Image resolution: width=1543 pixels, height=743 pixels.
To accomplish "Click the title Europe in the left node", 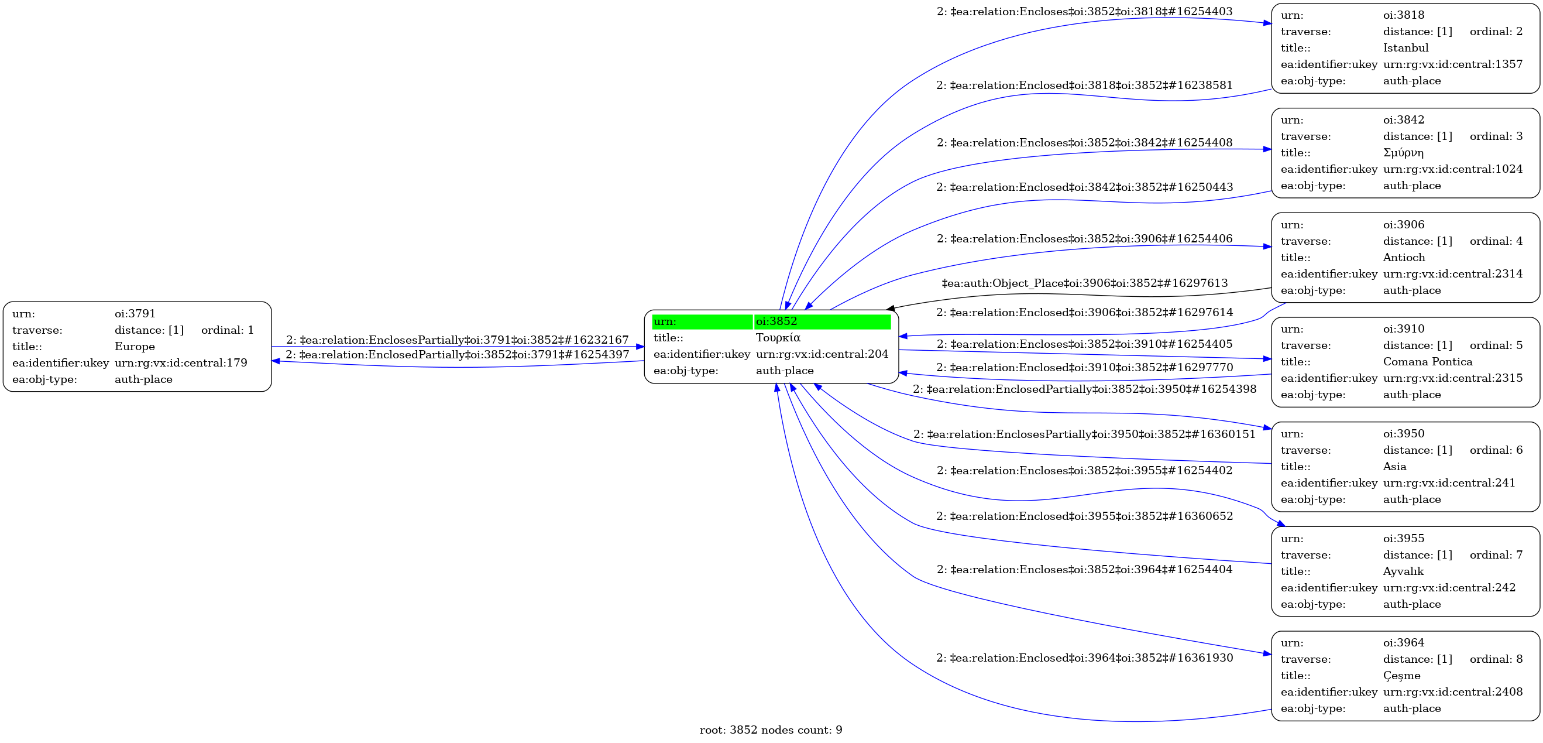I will click(134, 347).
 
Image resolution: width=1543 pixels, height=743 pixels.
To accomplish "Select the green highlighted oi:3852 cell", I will click(821, 322).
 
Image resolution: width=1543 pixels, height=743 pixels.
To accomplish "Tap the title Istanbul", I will click(1405, 48).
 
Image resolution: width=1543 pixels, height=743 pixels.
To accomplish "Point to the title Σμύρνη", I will click(1403, 153).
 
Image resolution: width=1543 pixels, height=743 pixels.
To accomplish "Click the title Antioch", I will click(1403, 258).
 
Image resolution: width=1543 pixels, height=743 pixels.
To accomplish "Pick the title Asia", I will click(1394, 467).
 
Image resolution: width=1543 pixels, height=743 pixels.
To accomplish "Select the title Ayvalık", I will click(1403, 571).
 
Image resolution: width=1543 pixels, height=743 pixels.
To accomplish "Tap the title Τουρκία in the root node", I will click(778, 338).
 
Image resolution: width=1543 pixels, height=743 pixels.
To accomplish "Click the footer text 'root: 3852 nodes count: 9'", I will click(771, 730).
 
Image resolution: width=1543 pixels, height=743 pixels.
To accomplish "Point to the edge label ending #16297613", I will click(1085, 283).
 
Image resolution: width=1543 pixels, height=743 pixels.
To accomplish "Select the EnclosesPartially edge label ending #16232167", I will click(457, 340).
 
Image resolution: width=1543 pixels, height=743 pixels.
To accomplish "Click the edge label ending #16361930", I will click(1085, 658).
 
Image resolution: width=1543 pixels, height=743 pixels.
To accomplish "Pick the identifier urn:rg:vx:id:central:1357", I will click(1452, 64).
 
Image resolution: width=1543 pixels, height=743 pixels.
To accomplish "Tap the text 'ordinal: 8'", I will click(1496, 659).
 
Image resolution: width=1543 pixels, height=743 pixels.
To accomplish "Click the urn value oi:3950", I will click(1403, 434).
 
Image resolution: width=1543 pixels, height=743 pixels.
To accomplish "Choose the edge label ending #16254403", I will click(1085, 11).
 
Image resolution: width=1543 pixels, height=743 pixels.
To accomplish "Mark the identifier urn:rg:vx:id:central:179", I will click(180, 362).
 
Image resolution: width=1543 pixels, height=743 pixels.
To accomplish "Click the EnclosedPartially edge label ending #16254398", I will click(1085, 389).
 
